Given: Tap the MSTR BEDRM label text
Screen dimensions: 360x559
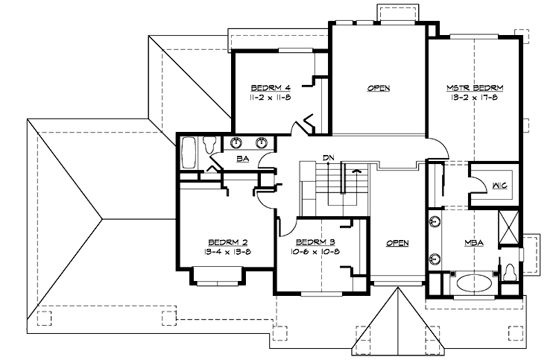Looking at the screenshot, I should [x=475, y=87].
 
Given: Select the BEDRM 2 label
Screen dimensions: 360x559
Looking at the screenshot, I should [x=227, y=242].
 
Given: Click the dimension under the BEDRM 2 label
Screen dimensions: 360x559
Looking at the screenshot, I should [x=227, y=251].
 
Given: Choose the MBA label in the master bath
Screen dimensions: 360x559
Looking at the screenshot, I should [x=474, y=242].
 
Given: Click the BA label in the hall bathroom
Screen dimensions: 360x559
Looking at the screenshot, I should [x=241, y=159].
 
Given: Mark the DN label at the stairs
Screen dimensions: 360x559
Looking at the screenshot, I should [x=328, y=157].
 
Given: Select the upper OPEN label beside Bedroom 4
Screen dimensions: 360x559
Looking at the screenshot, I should [x=379, y=88].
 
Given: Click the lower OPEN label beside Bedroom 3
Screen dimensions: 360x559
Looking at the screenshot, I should [x=398, y=242].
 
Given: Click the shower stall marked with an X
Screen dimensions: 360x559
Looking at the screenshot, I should [x=509, y=225].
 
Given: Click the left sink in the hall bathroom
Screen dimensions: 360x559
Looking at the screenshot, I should [x=237, y=142].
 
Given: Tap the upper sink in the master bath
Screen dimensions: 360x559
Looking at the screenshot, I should [x=434, y=221].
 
